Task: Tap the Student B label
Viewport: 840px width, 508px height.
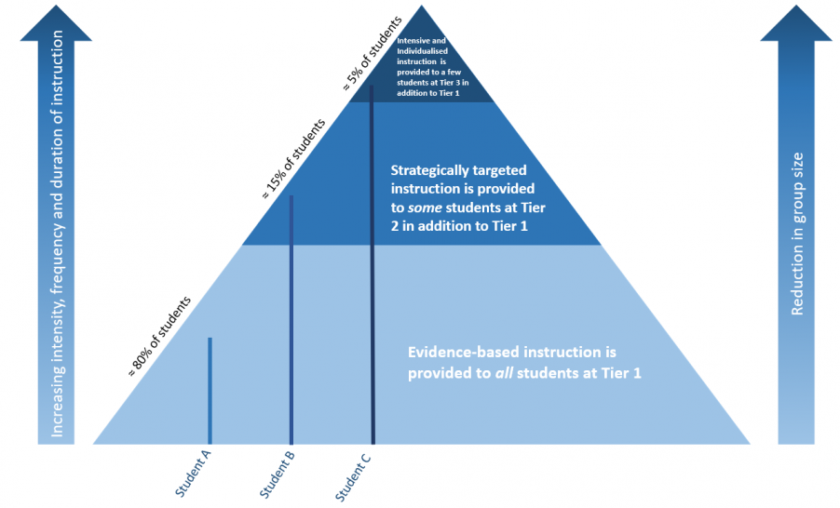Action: (277, 473)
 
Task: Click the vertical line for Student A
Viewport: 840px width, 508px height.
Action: (210, 391)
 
